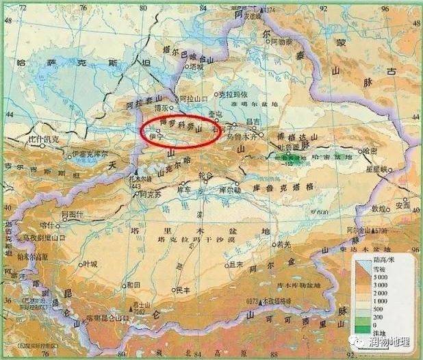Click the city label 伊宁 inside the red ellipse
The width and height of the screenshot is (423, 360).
[x=147, y=136]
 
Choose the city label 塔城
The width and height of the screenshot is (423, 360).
[x=196, y=66]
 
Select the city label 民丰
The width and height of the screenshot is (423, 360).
[x=183, y=291]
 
